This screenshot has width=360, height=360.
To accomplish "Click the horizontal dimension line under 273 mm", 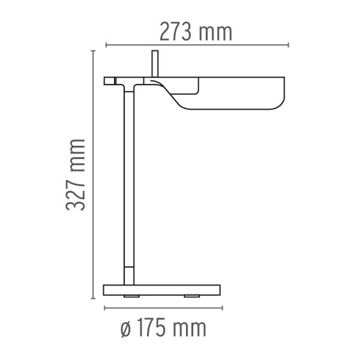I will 197,45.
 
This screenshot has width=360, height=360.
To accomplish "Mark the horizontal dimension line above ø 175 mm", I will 163,308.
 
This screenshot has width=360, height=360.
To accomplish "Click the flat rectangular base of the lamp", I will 162,290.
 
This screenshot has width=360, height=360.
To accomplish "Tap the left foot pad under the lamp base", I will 132,297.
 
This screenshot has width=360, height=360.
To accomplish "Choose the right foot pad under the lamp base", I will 192,297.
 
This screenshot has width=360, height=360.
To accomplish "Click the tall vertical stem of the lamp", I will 129,180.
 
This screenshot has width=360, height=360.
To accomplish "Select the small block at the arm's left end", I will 109,81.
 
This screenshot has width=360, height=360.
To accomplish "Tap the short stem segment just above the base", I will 129,275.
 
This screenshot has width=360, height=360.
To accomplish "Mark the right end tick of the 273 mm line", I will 288,45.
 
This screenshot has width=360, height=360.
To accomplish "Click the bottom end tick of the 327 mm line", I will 93,298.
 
